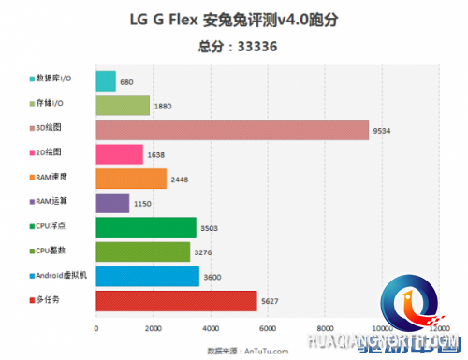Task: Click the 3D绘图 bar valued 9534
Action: (232, 130)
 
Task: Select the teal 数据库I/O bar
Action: (106, 81)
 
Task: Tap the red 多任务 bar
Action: (176, 300)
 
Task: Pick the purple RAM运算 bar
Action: (112, 203)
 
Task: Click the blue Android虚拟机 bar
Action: (147, 276)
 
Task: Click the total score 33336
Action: (257, 45)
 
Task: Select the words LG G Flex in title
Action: (156, 19)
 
